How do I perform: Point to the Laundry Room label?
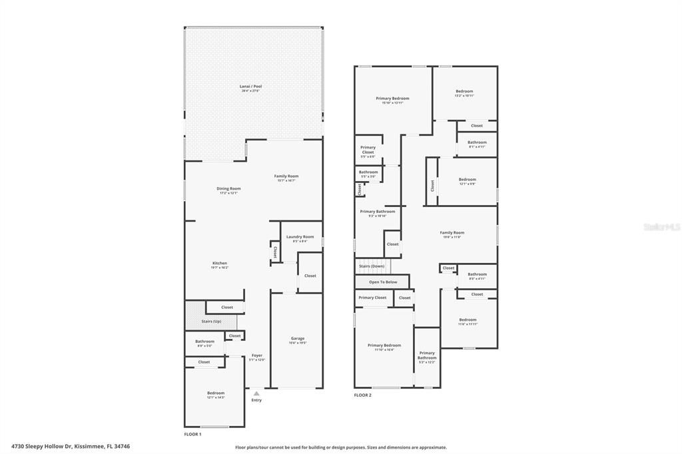click(x=300, y=238)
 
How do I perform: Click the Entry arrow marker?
click(x=256, y=394)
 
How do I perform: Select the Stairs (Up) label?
click(x=211, y=321)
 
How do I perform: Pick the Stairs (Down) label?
click(x=372, y=266)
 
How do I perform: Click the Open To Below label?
click(x=383, y=282)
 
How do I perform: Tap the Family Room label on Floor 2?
click(x=451, y=234)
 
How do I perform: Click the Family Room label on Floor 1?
click(x=286, y=177)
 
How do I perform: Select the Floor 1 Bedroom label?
click(x=216, y=394)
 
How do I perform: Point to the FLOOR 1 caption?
click(x=192, y=434)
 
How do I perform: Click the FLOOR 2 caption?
click(x=362, y=395)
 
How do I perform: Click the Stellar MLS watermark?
click(x=662, y=227)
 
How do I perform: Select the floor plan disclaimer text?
click(x=341, y=447)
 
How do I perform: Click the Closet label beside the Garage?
click(x=310, y=276)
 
